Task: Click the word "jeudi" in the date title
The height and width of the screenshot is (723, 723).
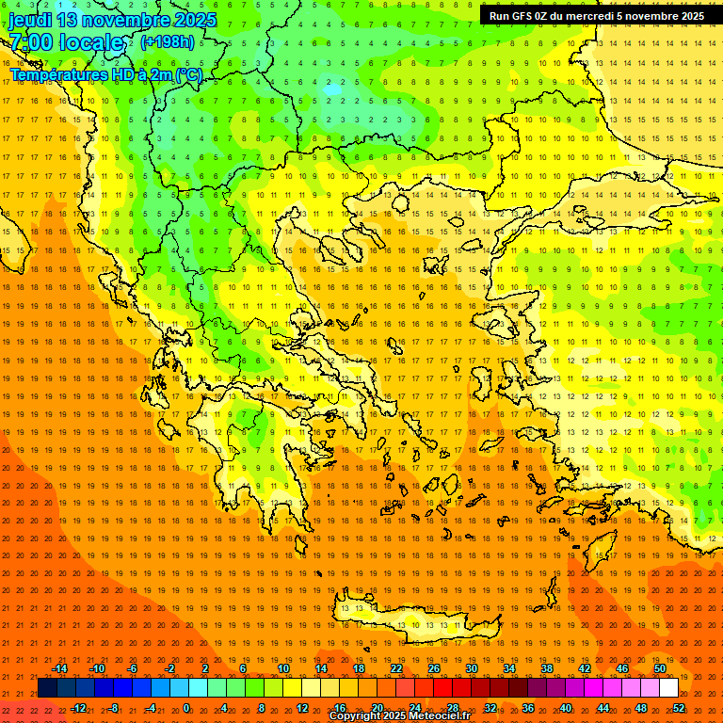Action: (30, 20)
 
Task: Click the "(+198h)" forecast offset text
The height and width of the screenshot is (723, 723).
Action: (168, 41)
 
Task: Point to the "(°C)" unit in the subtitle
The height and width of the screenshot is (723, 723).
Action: (188, 74)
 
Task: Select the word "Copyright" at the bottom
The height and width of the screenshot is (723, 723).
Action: (355, 716)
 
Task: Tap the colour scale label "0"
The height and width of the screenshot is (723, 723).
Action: (186, 708)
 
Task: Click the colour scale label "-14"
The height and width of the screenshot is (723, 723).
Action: (60, 668)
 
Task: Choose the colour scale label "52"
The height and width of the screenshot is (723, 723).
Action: (679, 708)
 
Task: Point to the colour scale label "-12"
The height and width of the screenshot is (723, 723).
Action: (79, 708)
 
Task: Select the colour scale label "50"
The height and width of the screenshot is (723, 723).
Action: (660, 668)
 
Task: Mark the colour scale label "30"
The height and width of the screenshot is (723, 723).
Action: (471, 668)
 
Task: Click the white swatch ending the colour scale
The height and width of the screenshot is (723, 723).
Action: (668, 688)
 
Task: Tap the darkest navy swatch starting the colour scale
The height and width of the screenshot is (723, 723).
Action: (47, 688)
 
